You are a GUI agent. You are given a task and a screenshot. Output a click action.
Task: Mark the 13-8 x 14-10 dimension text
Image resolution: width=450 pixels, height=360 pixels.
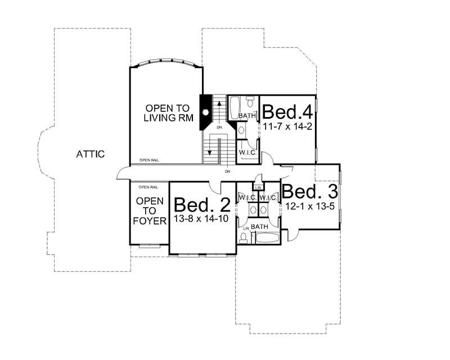pyautogui.click(x=201, y=219)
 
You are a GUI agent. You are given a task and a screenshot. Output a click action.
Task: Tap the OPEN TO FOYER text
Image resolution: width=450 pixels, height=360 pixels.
pyautogui.click(x=150, y=211)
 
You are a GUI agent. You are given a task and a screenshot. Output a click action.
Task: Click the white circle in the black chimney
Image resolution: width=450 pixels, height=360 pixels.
pyautogui.click(x=206, y=112)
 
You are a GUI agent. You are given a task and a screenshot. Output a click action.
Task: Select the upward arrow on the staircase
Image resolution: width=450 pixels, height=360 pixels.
pyautogui.click(x=219, y=109)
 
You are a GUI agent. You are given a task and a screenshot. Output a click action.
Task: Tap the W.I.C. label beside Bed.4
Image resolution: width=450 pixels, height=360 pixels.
pyautogui.click(x=248, y=152)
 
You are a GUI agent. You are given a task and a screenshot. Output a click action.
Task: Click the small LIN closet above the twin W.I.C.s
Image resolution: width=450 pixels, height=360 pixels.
pyautogui.click(x=258, y=187)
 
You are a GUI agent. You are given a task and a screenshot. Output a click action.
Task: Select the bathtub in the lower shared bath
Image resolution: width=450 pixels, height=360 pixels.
pyautogui.click(x=268, y=237)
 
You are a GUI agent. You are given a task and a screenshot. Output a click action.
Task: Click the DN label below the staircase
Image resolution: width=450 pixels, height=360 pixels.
pyautogui.click(x=228, y=170)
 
